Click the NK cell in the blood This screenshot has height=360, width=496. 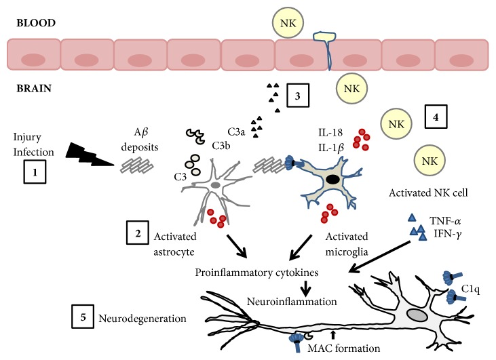288,23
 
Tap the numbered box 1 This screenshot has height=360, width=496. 35,172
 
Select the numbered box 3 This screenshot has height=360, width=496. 298,96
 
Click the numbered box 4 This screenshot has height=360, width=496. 436,117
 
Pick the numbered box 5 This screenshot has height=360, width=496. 83,317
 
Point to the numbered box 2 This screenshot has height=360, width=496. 138,233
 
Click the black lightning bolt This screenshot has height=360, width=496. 90,155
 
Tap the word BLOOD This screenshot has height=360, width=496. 36,23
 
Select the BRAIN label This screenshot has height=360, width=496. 34,88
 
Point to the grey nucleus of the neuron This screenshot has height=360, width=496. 417,315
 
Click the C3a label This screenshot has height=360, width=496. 236,132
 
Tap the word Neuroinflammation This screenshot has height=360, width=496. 292,302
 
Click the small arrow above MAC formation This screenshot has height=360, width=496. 332,336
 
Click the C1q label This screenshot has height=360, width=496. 470,289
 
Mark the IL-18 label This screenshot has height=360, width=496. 330,132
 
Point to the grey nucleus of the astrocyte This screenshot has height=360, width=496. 215,185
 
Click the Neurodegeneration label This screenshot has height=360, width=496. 142,318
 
